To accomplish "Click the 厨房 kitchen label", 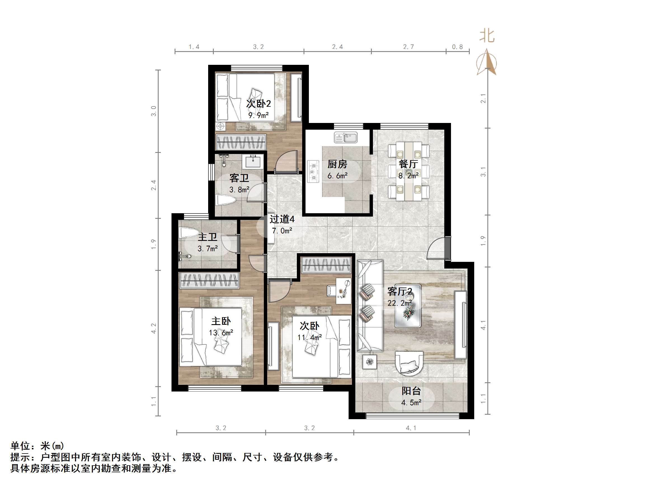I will pyautogui.click(x=337, y=164).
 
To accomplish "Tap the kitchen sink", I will pyautogui.click(x=346, y=137).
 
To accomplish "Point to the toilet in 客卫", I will pyautogui.click(x=226, y=200).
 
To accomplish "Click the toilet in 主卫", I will pyautogui.click(x=189, y=233).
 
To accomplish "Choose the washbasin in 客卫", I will pyautogui.click(x=253, y=161).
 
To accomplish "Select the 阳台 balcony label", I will pyautogui.click(x=411, y=391).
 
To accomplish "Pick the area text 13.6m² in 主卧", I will pyautogui.click(x=221, y=333).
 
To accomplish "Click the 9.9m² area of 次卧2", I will pyautogui.click(x=259, y=115).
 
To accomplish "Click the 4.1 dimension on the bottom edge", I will pyautogui.click(x=411, y=428).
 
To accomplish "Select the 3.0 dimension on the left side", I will pyautogui.click(x=154, y=111).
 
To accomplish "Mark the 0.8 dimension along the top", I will pyautogui.click(x=457, y=47).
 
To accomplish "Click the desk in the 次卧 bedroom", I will pyautogui.click(x=344, y=291).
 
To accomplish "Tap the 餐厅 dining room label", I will pyautogui.click(x=408, y=164).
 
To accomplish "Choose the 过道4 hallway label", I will pyautogui.click(x=282, y=219).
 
